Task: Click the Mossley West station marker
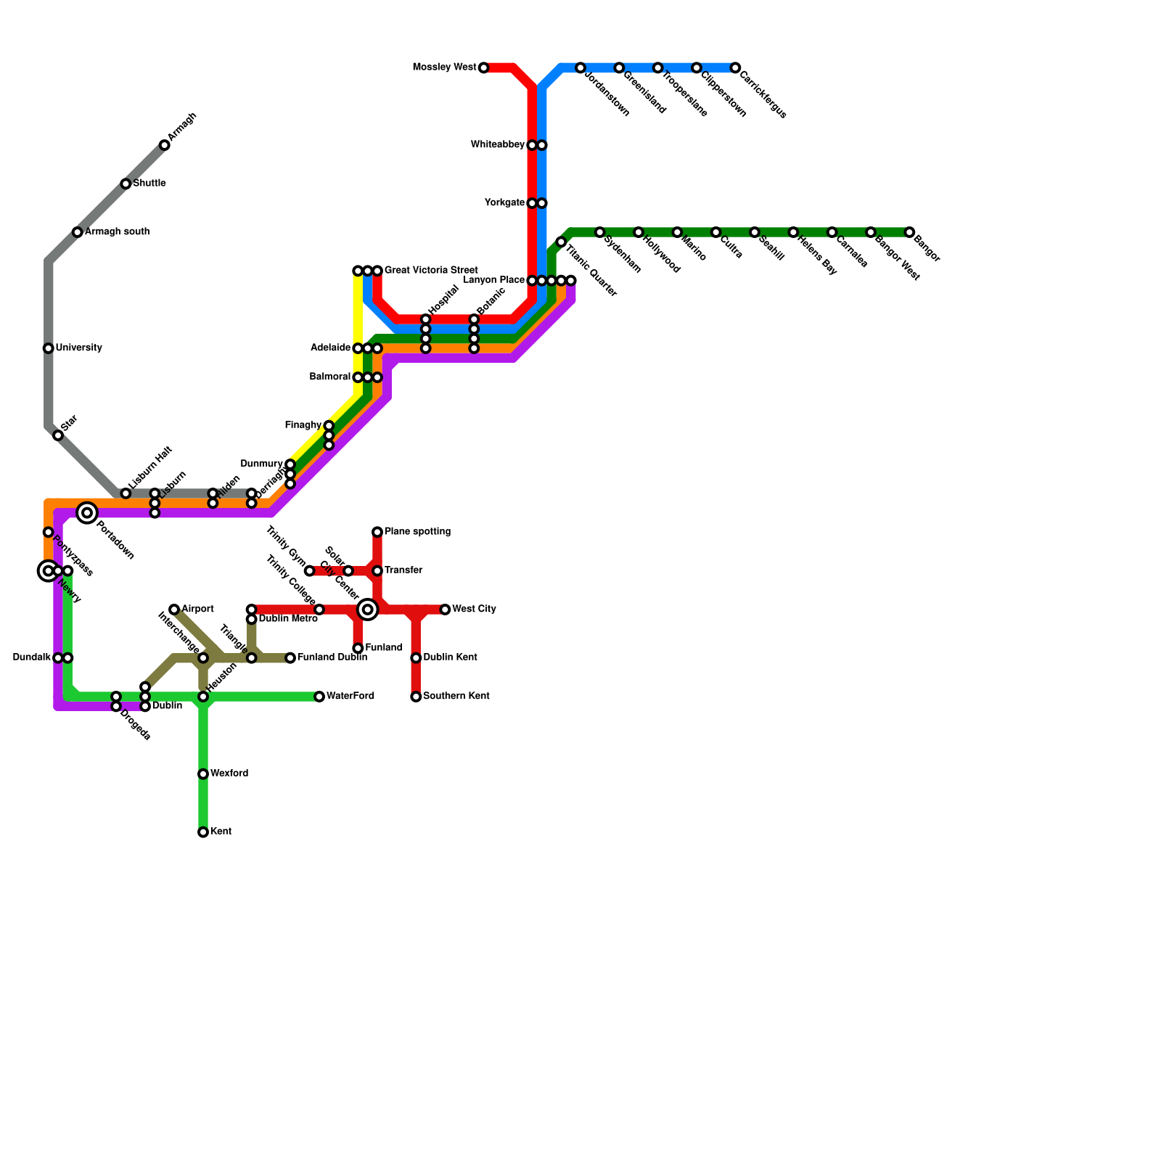pyautogui.click(x=484, y=68)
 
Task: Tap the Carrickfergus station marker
pyautogui.click(x=735, y=68)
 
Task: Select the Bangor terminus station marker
pyautogui.click(x=909, y=232)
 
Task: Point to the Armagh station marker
pyautogui.click(x=165, y=146)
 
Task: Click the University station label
pyautogui.click(x=78, y=348)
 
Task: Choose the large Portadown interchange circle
pyautogui.click(x=87, y=513)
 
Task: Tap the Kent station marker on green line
pyautogui.click(x=203, y=832)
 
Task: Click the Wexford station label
pyautogui.click(x=229, y=774)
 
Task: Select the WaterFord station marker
pyautogui.click(x=319, y=697)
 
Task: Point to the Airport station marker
pyautogui.click(x=174, y=610)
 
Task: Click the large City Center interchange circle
pyautogui.click(x=368, y=610)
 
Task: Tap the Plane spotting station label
pyautogui.click(x=417, y=532)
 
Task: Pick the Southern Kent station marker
pyautogui.click(x=416, y=697)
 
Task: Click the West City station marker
pyautogui.click(x=445, y=610)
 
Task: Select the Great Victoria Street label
pyautogui.click(x=431, y=271)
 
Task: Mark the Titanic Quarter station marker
pyautogui.click(x=561, y=242)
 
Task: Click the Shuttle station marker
pyautogui.click(x=126, y=184)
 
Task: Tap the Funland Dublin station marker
pyautogui.click(x=290, y=658)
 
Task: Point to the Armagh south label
pyautogui.click(x=117, y=232)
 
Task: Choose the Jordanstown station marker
pyautogui.click(x=580, y=68)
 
